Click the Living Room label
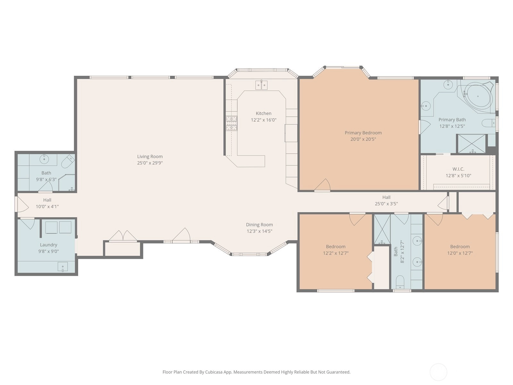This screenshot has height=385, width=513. [x=150, y=156]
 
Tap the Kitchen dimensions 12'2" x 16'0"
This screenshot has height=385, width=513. [x=264, y=120]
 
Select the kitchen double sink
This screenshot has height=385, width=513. [x=261, y=85]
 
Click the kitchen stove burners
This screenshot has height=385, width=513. [x=231, y=123]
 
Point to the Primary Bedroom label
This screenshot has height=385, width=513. [x=363, y=133]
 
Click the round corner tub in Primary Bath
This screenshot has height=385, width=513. [x=478, y=96]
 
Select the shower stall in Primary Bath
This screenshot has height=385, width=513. [x=471, y=144]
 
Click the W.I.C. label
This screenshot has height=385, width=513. [x=458, y=169]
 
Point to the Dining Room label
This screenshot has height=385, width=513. [x=259, y=225]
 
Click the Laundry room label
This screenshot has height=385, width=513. [x=49, y=245]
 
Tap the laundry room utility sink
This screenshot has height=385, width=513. [x=63, y=267]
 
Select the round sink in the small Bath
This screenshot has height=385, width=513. [x=44, y=159]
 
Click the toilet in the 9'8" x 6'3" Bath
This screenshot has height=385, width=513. [x=68, y=161]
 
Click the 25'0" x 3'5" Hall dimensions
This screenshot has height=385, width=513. [x=386, y=204]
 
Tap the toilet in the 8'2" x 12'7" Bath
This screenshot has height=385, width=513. [x=400, y=282]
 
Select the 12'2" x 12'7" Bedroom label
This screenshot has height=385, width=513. [x=336, y=247]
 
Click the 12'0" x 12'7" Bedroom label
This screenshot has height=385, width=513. [x=460, y=247]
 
